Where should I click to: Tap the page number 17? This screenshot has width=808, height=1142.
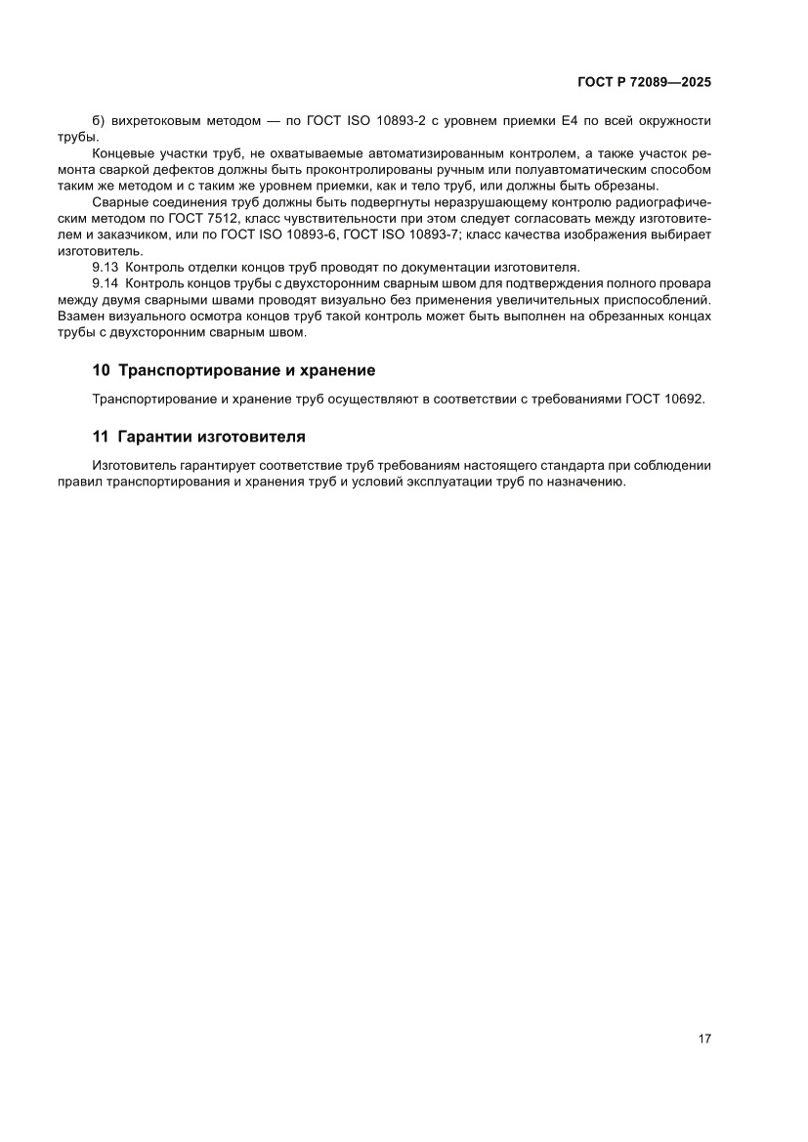coord(703,1037)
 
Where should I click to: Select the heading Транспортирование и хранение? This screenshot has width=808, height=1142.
coord(246,371)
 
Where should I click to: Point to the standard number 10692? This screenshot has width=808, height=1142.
coord(685,400)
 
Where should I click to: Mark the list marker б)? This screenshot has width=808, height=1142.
coord(98,120)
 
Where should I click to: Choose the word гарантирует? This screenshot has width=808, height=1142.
coord(213,465)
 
